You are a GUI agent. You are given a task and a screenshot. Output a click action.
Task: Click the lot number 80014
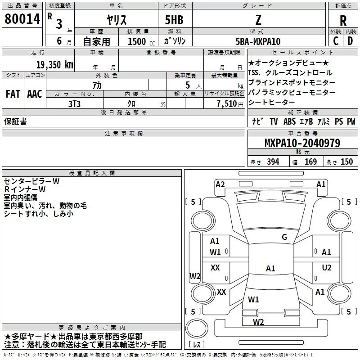pyautogui.click(x=22, y=18)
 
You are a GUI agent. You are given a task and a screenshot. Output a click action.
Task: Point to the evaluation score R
pyautogui.click(x=343, y=20)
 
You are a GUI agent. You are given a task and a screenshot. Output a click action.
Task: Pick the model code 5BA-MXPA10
pyautogui.click(x=258, y=41)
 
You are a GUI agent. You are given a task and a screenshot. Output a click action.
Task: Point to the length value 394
pyautogui.click(x=273, y=162)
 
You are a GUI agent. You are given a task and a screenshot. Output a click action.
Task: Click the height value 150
pyautogui.click(x=346, y=162)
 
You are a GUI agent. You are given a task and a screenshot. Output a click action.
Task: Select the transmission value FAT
pyautogui.click(x=13, y=94)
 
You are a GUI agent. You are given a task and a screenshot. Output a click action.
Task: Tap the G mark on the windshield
pyautogui.click(x=284, y=237)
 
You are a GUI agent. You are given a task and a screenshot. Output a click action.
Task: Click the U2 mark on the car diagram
pyautogui.click(x=326, y=268)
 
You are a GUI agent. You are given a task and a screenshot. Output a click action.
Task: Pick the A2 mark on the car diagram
pyautogui.click(x=220, y=184)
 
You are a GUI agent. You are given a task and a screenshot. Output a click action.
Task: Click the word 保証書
pyautogui.click(x=15, y=121)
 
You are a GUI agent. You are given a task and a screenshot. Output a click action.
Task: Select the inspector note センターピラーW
pyautogui.click(x=31, y=181)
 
